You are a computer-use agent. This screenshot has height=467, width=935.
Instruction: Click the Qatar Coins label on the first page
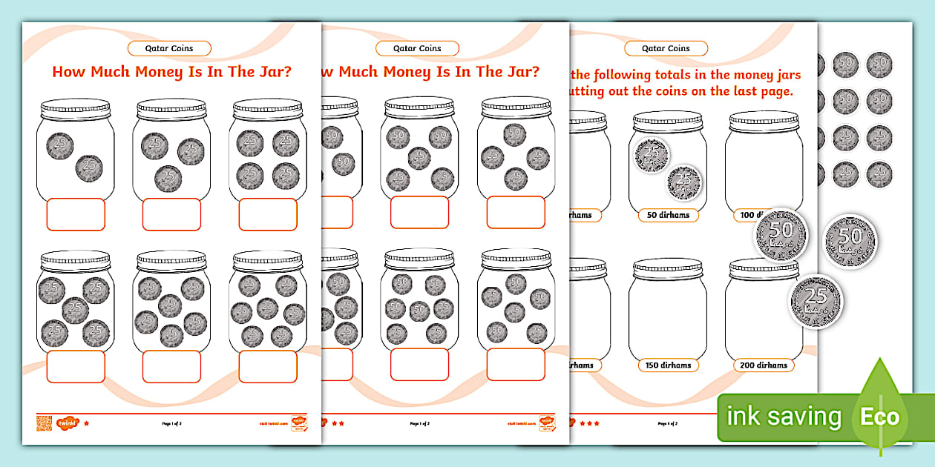169,48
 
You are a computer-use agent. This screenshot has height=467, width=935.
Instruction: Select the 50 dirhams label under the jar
667,215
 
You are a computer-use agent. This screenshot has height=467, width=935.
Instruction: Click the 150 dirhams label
667,365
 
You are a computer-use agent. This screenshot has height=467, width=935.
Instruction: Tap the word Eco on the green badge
879,417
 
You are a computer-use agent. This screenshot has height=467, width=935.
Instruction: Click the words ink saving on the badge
784,417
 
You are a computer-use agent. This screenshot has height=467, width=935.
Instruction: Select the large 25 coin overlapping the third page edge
815,302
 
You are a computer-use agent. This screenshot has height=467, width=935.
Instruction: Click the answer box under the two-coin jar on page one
76,214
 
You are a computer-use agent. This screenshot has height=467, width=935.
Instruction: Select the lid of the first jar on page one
76,110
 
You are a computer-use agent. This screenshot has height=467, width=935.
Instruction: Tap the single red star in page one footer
87,423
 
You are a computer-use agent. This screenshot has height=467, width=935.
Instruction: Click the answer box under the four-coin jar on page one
268,214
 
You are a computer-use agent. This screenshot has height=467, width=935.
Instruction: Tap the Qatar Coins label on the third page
666,48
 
